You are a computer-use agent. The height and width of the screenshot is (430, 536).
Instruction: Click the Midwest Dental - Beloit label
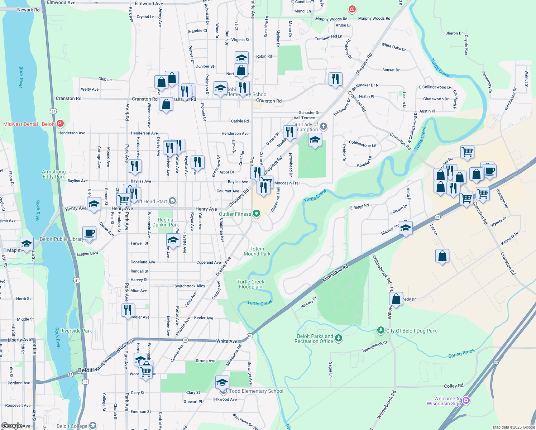[x=29, y=124]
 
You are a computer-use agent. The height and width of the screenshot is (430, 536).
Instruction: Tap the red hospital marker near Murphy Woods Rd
[x=352, y=9]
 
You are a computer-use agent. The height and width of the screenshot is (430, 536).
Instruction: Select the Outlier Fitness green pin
[x=257, y=214]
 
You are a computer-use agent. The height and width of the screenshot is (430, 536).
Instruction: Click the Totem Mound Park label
[x=257, y=251]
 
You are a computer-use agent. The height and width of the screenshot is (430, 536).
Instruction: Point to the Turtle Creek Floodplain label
[x=251, y=284]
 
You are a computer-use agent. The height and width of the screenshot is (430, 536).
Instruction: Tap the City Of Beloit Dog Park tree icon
[x=381, y=330]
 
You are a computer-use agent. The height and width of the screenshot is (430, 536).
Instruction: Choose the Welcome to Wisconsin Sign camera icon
[x=466, y=400]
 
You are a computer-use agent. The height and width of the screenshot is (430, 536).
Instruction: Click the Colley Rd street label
[x=453, y=386]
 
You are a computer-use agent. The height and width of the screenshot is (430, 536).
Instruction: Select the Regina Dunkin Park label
[x=166, y=222]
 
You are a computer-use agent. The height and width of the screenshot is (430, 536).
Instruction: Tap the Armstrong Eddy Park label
[x=54, y=174]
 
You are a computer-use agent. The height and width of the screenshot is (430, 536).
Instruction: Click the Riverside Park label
[x=76, y=331]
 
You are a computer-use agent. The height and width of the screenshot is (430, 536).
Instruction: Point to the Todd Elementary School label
[x=256, y=391]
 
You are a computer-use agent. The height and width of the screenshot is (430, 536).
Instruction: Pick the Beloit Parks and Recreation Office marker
[x=338, y=338]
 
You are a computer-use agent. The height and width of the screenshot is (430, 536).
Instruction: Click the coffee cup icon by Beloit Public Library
[x=89, y=233]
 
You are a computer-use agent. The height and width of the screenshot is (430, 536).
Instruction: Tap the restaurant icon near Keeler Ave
[x=128, y=310]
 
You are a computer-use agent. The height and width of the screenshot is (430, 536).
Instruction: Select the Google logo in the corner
[x=12, y=426]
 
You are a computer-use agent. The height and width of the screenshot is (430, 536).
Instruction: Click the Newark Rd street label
[x=28, y=10]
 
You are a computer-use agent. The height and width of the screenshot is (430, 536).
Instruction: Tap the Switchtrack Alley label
[x=190, y=286]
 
